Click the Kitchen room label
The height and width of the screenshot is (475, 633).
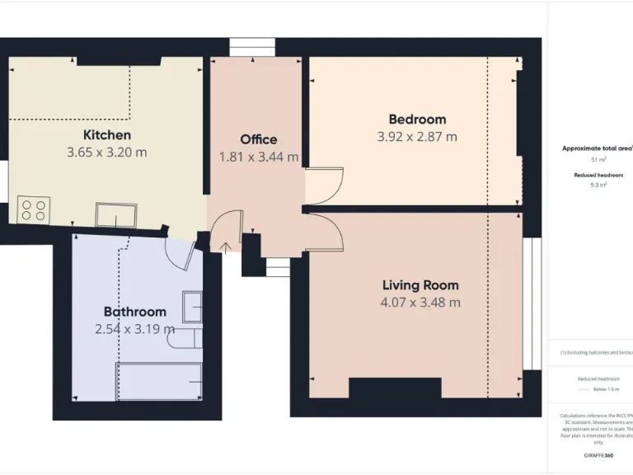106,134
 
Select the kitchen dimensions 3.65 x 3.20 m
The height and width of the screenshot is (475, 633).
106,153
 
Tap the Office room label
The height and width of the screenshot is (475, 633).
258,139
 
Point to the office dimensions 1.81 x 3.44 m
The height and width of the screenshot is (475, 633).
258,157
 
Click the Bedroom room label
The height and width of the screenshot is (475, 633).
416,120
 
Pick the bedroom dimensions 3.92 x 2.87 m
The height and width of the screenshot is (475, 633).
416,137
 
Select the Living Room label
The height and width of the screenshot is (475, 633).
420,285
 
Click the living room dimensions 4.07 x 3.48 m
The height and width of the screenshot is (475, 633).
420,303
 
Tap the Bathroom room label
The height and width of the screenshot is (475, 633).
134,312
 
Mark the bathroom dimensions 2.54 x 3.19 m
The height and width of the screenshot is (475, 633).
134,329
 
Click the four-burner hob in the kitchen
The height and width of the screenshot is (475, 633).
34,209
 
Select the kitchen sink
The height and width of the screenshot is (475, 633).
115,214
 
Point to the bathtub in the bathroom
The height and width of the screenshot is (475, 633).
159,381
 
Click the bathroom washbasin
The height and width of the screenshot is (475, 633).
192,306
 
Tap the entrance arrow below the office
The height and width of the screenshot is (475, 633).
227,246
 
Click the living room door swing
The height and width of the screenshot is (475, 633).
324,231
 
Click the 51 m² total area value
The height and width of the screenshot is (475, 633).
598,160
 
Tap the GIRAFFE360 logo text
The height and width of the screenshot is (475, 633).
598,455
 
